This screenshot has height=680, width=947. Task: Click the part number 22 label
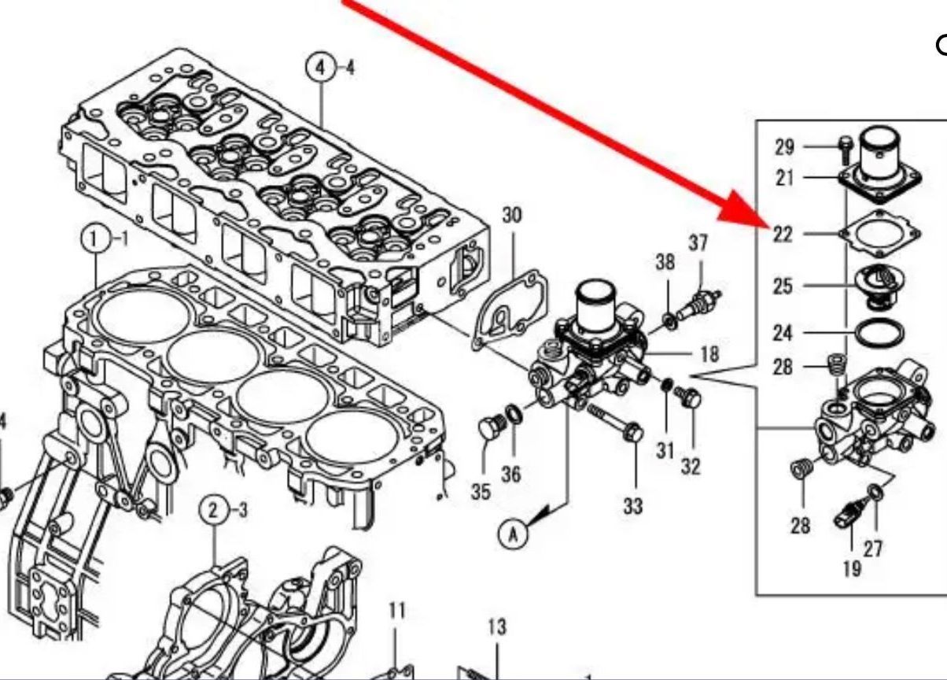pos(782,234)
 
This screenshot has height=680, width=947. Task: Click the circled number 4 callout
pos(320,68)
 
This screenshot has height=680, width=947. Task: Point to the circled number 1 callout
pos(95,238)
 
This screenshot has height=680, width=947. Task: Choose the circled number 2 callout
pos(214,510)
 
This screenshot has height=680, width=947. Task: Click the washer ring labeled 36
pos(512,413)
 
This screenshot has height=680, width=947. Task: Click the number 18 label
pos(709,353)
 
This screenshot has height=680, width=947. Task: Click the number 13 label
pos(496,627)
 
